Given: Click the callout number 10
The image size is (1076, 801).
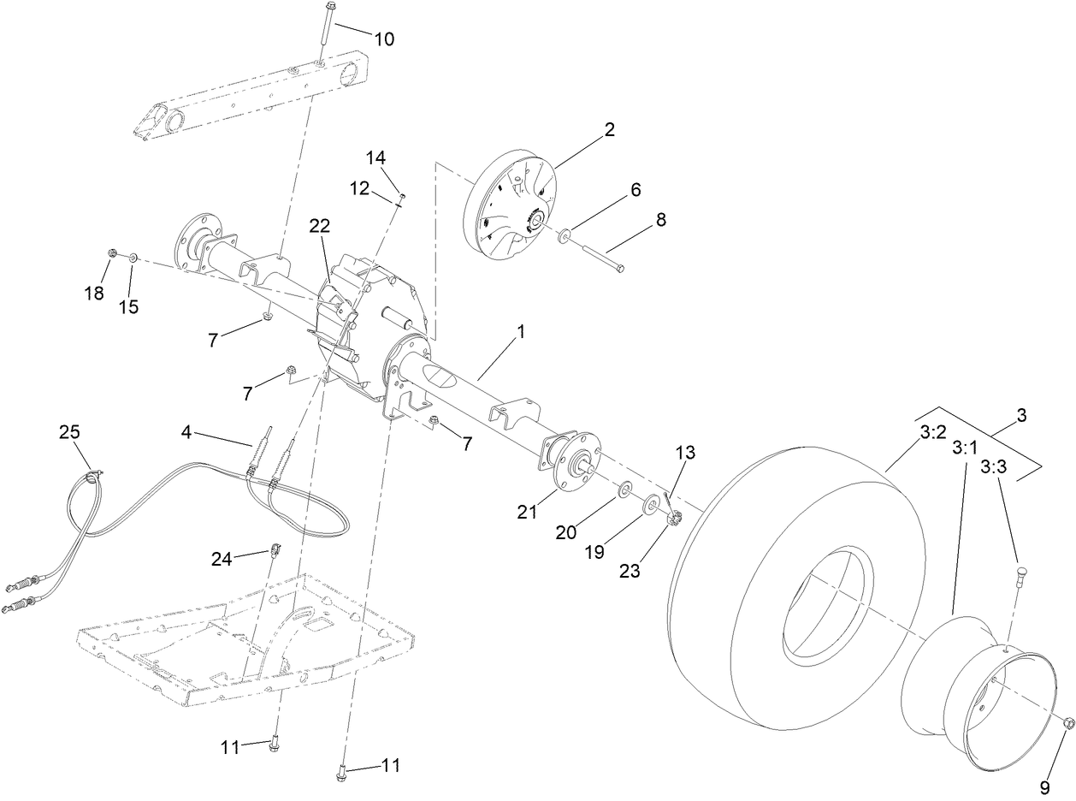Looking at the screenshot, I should pyautogui.click(x=384, y=39).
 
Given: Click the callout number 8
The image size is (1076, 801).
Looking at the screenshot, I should pyautogui.click(x=659, y=220).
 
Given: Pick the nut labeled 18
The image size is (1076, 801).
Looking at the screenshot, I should pyautogui.click(x=112, y=253).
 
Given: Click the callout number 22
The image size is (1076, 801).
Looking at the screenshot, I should pyautogui.click(x=319, y=225).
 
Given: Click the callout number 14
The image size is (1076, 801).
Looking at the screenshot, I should pyautogui.click(x=376, y=157).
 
